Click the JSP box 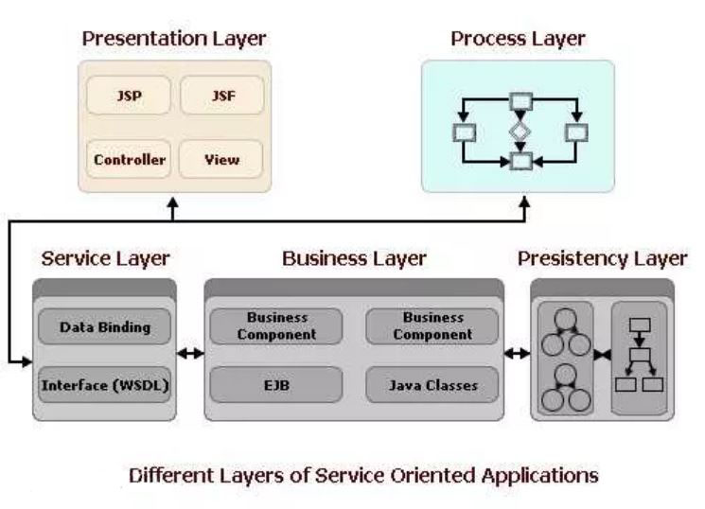[x=129, y=96]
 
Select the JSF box [x=222, y=96]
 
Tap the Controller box [x=129, y=159]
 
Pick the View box [x=221, y=159]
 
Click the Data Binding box [x=105, y=327]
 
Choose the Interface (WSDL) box [x=105, y=385]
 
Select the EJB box [x=276, y=385]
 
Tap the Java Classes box [x=432, y=385]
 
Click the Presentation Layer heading [x=174, y=39]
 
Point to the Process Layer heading [x=518, y=39]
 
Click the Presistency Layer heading [x=603, y=259]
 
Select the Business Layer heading [x=354, y=259]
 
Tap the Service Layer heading [x=106, y=259]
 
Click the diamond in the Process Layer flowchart [x=520, y=132]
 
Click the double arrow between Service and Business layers [x=190, y=354]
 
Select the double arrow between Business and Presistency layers [x=517, y=354]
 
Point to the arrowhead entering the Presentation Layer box [x=173, y=202]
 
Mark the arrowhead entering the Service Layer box [x=27, y=361]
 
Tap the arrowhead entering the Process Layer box [x=524, y=202]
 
